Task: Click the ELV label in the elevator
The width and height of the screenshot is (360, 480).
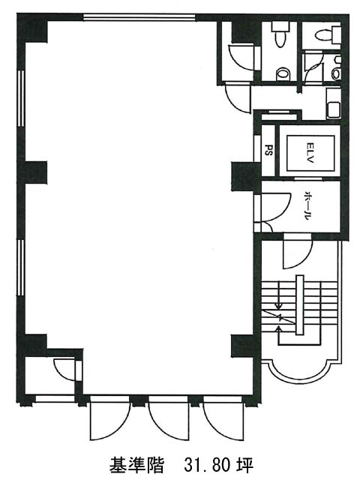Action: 310,153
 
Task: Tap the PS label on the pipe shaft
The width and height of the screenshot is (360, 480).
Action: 268,150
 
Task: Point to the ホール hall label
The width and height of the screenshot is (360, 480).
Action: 307,206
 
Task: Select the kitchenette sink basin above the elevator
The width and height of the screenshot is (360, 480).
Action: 333,109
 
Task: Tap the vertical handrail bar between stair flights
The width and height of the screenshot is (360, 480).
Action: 299,305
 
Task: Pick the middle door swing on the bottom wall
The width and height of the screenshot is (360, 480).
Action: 168,419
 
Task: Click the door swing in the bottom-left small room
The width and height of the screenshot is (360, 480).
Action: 66,370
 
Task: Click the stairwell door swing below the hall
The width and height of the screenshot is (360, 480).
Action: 297,252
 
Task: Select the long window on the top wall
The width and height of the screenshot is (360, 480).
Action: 139,17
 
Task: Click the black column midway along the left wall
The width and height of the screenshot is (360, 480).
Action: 32,172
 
